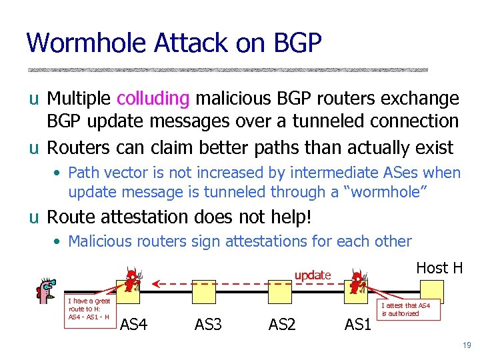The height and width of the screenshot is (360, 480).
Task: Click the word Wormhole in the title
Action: point(85,43)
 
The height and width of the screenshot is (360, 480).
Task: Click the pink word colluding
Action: point(153,99)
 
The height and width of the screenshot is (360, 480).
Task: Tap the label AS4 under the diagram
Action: point(134,325)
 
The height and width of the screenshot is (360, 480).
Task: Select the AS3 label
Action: point(209,325)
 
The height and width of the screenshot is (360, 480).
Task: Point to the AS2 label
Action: point(282,325)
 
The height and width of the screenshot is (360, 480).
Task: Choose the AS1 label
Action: point(358,325)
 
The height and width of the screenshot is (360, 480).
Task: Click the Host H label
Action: point(439,268)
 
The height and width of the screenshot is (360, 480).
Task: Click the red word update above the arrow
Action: point(313,275)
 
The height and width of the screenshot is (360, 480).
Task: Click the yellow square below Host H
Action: point(432,292)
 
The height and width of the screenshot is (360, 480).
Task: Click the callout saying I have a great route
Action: point(89,309)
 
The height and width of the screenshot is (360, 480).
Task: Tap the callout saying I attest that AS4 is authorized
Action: point(406,309)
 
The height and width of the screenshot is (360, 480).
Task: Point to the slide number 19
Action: point(465,345)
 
